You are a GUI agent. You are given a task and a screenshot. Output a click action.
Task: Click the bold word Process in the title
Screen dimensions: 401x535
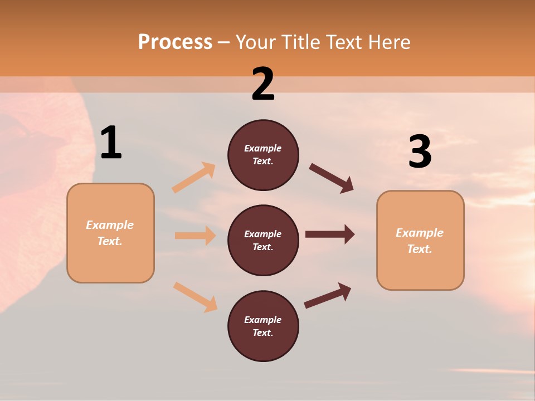(175, 42)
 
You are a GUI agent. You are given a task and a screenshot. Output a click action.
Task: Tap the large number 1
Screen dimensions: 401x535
(111, 143)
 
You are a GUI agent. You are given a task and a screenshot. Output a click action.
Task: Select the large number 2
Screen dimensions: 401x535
(263, 84)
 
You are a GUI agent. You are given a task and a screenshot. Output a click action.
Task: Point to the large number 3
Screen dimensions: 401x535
(420, 151)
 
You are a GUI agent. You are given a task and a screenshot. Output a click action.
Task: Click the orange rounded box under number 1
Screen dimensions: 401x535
(110, 233)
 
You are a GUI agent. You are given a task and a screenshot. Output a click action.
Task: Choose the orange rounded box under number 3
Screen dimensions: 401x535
(420, 241)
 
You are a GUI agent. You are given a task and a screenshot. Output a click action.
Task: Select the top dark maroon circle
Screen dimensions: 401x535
(263, 155)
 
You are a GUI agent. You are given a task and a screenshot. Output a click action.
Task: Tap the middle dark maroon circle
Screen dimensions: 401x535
(263, 241)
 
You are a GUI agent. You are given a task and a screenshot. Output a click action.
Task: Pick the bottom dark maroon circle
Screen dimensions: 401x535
(263, 326)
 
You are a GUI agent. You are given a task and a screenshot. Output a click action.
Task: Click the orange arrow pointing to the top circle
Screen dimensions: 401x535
(194, 177)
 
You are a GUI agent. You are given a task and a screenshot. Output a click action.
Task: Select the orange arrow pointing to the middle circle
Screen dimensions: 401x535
(195, 236)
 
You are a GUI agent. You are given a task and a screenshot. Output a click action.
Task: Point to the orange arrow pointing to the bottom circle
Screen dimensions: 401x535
(195, 297)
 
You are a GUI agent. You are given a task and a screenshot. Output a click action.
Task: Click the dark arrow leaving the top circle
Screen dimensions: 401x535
(332, 178)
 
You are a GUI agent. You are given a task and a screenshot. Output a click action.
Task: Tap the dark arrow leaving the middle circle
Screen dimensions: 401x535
(330, 234)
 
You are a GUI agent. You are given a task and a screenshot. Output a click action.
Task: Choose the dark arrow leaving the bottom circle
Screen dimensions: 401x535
(328, 295)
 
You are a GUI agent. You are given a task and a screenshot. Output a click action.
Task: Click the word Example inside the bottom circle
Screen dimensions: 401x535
(263, 320)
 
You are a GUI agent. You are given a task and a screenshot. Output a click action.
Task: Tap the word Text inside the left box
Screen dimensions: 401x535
(109, 241)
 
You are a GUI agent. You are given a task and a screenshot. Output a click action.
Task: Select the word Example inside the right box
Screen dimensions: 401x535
(420, 233)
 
